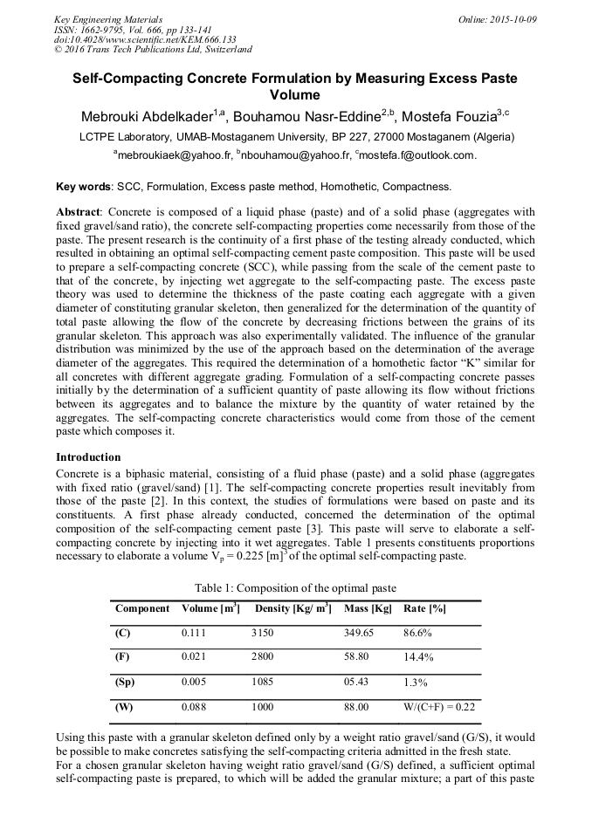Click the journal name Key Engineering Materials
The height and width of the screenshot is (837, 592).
tap(107, 18)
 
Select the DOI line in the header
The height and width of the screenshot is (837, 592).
tap(145, 39)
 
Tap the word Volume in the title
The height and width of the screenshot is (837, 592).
tap(295, 95)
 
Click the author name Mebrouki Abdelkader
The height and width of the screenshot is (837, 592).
tap(149, 117)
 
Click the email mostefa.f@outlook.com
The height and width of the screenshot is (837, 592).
tap(416, 155)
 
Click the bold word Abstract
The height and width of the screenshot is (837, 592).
tap(79, 212)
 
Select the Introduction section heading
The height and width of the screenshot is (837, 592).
tap(88, 457)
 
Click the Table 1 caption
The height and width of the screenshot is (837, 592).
tap(297, 587)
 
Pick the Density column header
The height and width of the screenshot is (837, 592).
tap(293, 608)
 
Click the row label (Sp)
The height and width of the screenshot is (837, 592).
tap(125, 683)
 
